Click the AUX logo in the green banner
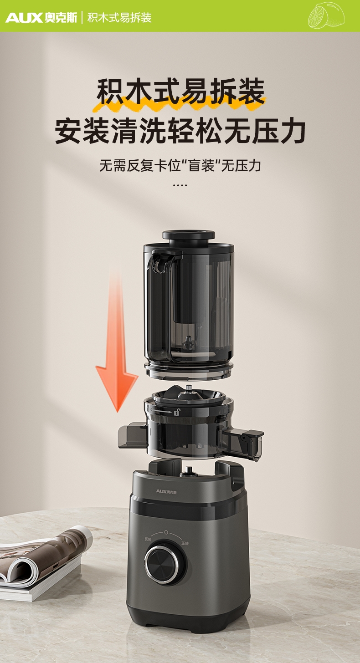(41, 18)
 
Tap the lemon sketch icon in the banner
(326, 15)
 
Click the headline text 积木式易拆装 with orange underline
(180, 92)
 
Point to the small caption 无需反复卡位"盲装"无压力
(180, 165)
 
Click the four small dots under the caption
(180, 185)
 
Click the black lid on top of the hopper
(189, 236)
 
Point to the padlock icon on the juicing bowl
(177, 412)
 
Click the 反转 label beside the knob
(148, 539)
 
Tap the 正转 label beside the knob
(185, 543)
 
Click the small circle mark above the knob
(166, 532)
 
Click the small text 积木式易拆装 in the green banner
(119, 18)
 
